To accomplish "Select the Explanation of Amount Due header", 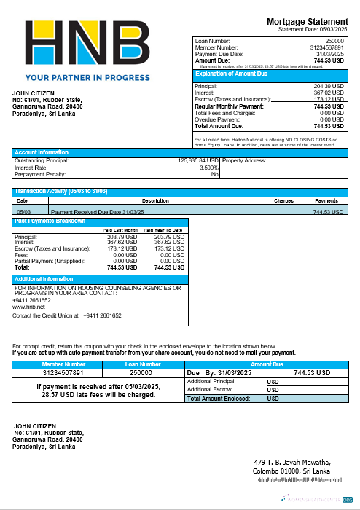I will click(232, 74).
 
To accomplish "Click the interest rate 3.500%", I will click(208, 168).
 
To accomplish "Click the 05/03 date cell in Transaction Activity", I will click(23, 211).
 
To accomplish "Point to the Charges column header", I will click(283, 200).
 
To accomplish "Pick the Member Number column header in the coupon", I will click(63, 364).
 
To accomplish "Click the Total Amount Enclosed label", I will click(219, 399).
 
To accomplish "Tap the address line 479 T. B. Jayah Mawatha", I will click(292, 463).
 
